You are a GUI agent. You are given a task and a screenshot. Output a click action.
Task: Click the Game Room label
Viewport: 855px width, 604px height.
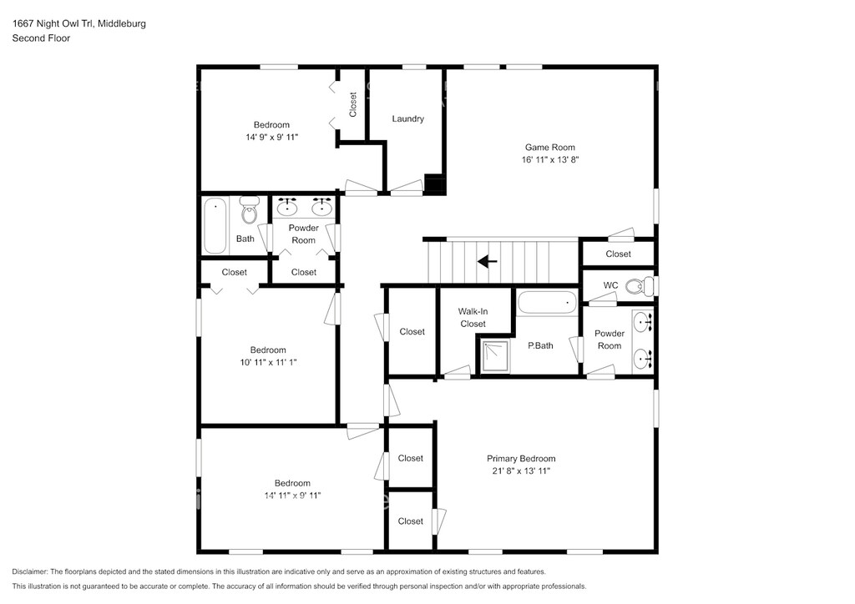click(549, 147)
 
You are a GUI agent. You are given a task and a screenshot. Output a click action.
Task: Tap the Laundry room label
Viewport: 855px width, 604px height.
click(407, 118)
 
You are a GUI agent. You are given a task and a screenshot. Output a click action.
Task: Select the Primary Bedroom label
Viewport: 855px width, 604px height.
click(521, 459)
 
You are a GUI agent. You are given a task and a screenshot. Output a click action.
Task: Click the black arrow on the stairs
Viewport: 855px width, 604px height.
click(487, 262)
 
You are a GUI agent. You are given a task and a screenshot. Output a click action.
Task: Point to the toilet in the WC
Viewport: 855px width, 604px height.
click(639, 286)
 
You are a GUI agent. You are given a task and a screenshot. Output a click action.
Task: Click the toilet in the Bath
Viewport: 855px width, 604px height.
click(249, 209)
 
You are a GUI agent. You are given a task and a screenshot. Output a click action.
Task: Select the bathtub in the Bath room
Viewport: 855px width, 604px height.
click(215, 225)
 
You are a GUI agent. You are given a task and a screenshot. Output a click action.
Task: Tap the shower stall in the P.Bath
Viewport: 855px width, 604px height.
click(494, 356)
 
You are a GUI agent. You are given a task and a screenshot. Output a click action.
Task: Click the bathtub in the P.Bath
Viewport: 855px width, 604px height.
click(547, 303)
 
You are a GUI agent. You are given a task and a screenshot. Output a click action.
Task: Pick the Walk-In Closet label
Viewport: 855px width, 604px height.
click(473, 318)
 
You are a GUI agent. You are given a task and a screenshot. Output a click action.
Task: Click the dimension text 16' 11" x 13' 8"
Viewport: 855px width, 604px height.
click(550, 159)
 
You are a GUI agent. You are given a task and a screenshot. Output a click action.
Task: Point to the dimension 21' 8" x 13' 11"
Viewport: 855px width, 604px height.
click(521, 471)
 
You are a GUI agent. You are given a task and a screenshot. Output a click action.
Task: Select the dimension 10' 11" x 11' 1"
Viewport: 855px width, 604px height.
click(268, 362)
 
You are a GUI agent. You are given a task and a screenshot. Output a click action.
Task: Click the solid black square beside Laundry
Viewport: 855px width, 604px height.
click(435, 184)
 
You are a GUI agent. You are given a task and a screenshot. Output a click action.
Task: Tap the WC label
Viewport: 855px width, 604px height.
click(610, 285)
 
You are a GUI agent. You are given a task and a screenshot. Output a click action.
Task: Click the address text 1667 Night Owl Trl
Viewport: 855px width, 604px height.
click(53, 23)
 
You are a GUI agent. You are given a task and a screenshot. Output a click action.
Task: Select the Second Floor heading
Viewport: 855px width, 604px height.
click(41, 38)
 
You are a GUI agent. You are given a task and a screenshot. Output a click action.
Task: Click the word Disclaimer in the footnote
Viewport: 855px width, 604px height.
click(30, 571)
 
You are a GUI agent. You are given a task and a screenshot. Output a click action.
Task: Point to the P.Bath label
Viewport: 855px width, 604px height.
click(540, 345)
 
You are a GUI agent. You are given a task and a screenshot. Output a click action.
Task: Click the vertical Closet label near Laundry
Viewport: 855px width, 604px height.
click(353, 104)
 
